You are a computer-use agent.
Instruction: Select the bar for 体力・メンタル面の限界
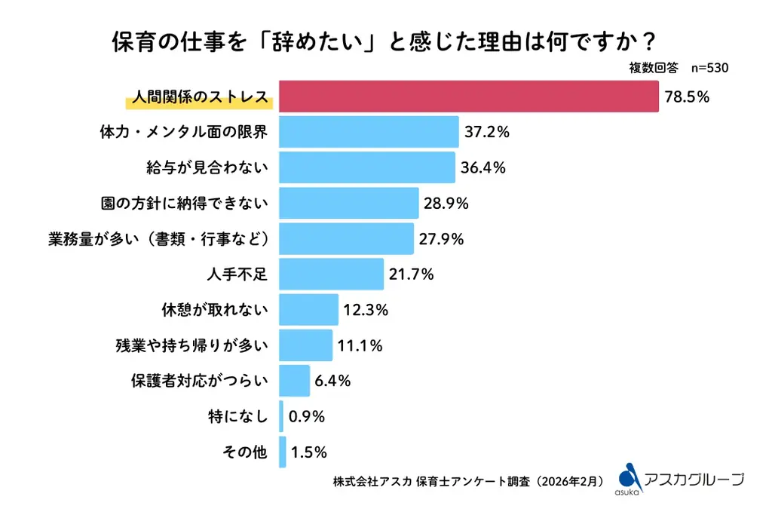369,132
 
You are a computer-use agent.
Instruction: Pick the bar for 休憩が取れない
309,309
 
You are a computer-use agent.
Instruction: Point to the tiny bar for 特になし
281,416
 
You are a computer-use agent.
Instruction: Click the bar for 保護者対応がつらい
295,381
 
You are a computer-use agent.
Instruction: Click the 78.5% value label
687,97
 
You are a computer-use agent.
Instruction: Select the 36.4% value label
482,167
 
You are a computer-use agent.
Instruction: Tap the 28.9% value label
446,203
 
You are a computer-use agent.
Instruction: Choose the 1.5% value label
308,452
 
